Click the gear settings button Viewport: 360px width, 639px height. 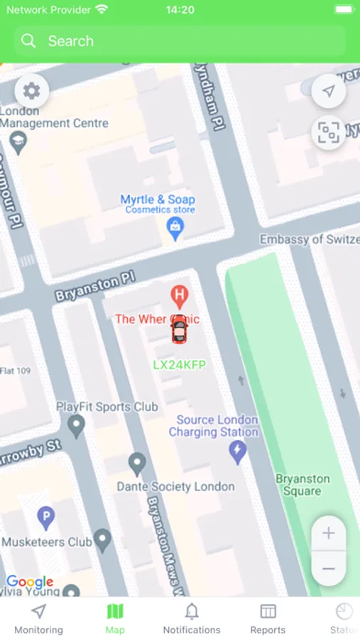[x=31, y=91]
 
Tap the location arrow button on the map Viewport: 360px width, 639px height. [x=328, y=92]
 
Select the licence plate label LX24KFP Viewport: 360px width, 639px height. [x=180, y=364]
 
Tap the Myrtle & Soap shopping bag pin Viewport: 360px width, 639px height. [x=174, y=227]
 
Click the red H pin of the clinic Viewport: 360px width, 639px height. [x=180, y=295]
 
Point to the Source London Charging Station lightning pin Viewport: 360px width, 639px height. [x=237, y=451]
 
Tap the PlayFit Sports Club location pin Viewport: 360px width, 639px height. [x=76, y=425]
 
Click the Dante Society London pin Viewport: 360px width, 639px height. [x=137, y=464]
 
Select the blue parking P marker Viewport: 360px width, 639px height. [x=46, y=518]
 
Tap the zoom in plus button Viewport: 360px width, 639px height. [x=328, y=533]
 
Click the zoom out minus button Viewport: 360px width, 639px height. [x=328, y=569]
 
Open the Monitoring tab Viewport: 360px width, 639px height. [x=39, y=618]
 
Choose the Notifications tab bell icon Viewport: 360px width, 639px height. [x=192, y=612]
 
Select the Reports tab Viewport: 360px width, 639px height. [x=268, y=618]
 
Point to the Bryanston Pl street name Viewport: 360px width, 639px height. [x=95, y=287]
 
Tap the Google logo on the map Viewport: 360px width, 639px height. [x=30, y=582]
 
